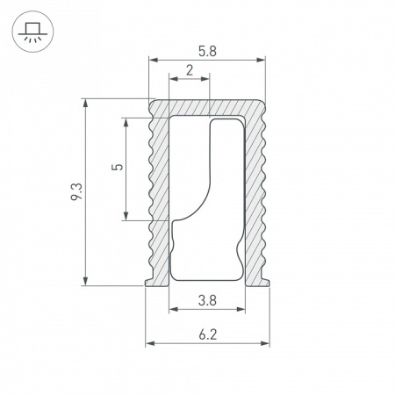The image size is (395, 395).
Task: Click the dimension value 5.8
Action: click(206, 52)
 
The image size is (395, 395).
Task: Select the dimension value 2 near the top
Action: click(190, 71)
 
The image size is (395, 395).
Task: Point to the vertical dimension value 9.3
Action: click(76, 192)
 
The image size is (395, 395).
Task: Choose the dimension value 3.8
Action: click(207, 301)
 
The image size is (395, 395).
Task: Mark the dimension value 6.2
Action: click(207, 334)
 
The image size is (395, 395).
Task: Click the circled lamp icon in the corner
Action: click(31, 32)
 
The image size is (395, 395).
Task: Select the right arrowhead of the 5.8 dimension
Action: click(261, 61)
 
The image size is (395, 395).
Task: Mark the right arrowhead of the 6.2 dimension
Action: click(264, 342)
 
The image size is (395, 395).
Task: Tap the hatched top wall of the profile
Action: click(207, 107)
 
